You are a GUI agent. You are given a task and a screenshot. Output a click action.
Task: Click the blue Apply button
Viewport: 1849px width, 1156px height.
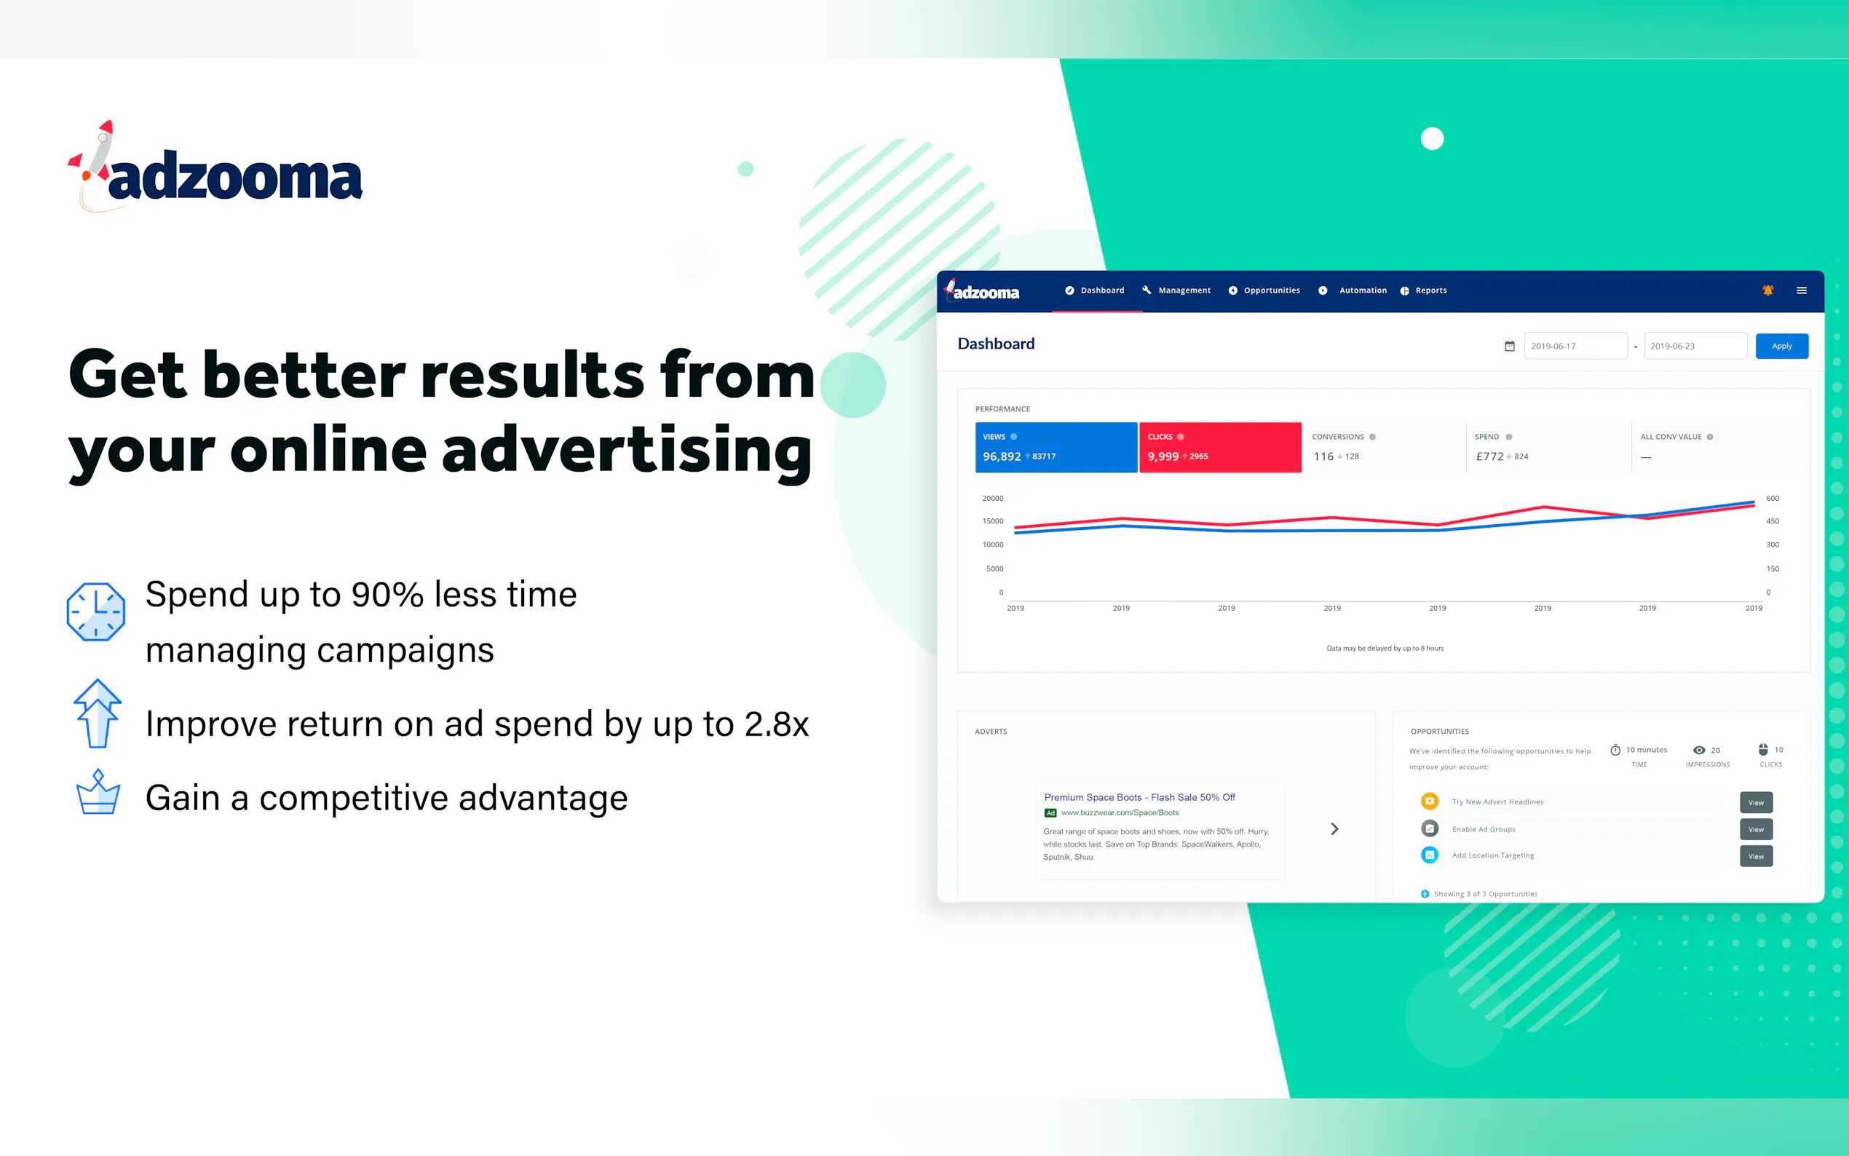click(1782, 347)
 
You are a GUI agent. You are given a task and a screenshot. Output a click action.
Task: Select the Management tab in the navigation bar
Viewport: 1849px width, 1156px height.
click(1176, 290)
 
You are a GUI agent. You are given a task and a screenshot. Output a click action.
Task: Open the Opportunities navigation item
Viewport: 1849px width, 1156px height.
click(1264, 290)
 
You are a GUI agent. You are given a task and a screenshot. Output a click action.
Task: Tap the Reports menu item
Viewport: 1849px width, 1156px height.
click(1423, 290)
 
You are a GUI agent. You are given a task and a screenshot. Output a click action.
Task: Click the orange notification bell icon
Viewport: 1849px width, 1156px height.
click(1768, 290)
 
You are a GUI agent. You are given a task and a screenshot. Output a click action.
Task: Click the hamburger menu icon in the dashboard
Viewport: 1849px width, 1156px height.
click(1802, 290)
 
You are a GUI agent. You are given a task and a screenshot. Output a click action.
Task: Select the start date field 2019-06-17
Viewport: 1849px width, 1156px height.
click(1575, 347)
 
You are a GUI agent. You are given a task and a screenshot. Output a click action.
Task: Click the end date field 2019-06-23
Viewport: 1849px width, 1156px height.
click(1695, 347)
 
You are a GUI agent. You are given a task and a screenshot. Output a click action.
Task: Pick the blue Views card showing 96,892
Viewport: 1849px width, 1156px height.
click(1056, 447)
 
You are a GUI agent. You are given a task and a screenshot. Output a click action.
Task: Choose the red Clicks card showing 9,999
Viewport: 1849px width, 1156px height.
click(1221, 447)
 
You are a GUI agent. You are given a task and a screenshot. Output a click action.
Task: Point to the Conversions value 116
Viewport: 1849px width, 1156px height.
click(1323, 456)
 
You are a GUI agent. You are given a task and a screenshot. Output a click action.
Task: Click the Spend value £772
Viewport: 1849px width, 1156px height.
click(1489, 456)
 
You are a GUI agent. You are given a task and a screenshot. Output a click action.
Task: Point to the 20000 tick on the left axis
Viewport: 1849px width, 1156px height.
click(993, 499)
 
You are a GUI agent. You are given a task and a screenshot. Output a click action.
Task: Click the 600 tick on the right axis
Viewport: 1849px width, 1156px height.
click(1773, 499)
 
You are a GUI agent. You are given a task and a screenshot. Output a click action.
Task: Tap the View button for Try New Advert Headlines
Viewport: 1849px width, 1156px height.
click(1757, 802)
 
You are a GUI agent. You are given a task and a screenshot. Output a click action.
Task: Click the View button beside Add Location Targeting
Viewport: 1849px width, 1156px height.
click(1757, 856)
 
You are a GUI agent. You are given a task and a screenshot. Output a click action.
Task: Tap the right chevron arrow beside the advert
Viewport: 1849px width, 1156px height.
click(1334, 828)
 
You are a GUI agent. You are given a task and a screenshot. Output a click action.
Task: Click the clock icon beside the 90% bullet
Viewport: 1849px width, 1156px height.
click(95, 611)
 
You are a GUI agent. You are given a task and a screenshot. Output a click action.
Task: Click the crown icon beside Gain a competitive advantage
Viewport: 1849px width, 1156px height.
click(98, 792)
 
